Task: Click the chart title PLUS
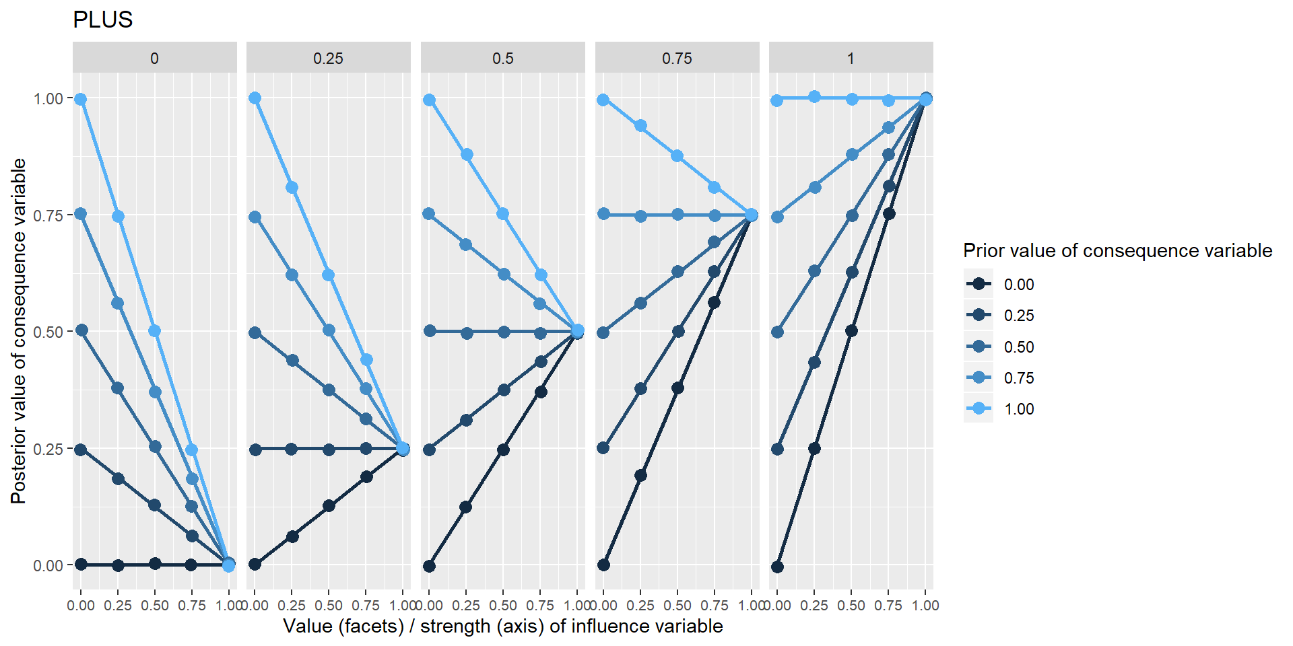pos(102,20)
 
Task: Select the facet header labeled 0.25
pos(328,59)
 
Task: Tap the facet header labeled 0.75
pos(677,59)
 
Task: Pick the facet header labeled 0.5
pos(502,59)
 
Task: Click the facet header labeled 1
pos(851,59)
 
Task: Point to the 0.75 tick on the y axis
pos(48,215)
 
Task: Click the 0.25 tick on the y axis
pos(48,449)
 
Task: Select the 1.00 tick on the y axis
pos(48,99)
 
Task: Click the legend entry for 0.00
pos(1018,285)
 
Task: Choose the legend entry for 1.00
pos(1018,409)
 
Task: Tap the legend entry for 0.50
pos(1018,347)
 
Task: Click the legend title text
pos(1117,251)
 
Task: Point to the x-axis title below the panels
pos(502,626)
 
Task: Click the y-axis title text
pos(19,331)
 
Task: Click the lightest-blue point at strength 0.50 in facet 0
pos(155,331)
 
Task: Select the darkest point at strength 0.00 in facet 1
pos(777,567)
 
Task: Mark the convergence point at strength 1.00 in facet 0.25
pos(403,449)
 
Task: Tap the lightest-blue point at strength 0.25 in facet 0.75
pos(640,126)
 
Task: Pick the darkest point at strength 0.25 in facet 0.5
pos(466,507)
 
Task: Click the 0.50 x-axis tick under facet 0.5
pos(503,606)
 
